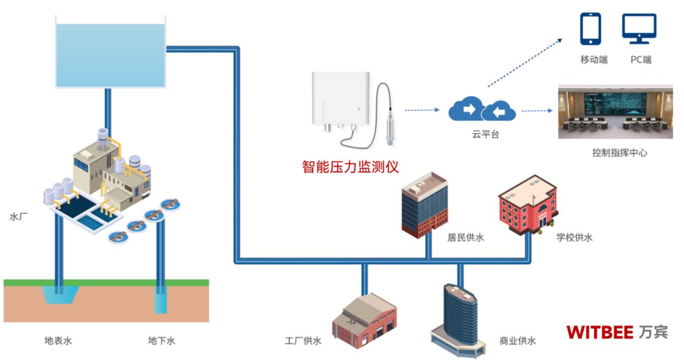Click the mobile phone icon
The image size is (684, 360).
pyautogui.click(x=591, y=29)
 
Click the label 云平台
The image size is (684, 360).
pyautogui.click(x=485, y=135)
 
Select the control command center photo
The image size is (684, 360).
pyautogui.click(x=615, y=112)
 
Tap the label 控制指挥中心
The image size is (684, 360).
pyautogui.click(x=619, y=153)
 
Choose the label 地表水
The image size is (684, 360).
pyautogui.click(x=58, y=341)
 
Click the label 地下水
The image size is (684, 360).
pyautogui.click(x=162, y=341)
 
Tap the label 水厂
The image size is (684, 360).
pyautogui.click(x=18, y=217)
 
